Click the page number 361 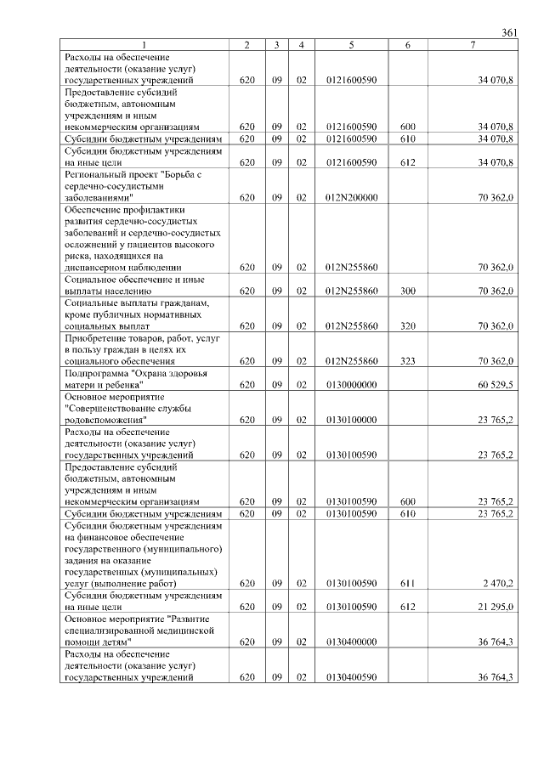click(x=509, y=32)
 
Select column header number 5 click(x=351, y=44)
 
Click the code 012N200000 click(x=351, y=197)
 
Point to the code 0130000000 click(x=351, y=383)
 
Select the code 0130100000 click(x=351, y=419)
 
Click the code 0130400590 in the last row click(x=351, y=676)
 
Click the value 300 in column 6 click(x=407, y=291)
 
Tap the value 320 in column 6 click(x=407, y=325)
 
